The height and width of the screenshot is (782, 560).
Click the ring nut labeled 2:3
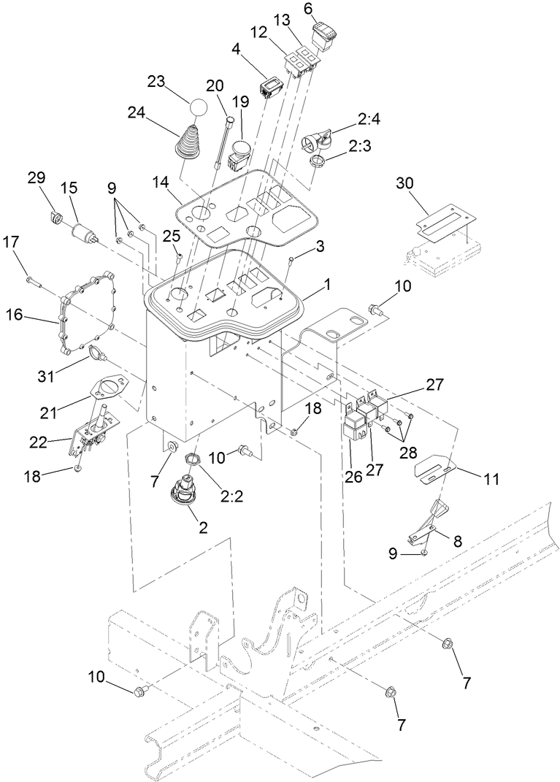318,160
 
